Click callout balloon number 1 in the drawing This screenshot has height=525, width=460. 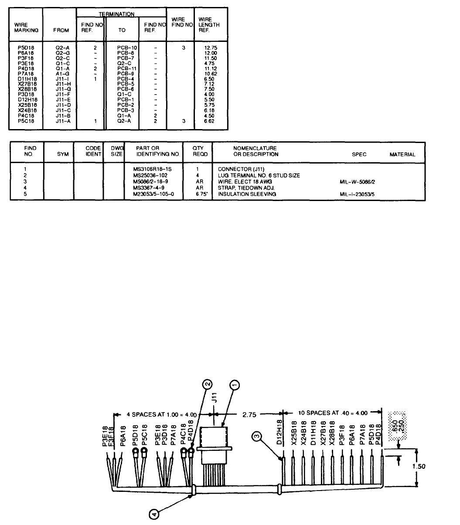pyautogui.click(x=235, y=384)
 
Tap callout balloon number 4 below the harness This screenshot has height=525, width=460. pyautogui.click(x=153, y=515)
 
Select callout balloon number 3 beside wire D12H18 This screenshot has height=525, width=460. pyautogui.click(x=256, y=434)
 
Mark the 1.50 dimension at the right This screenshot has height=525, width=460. pyautogui.click(x=419, y=465)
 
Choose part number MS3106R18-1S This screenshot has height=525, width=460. pyautogui.click(x=153, y=169)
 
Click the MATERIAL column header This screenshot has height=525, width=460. pyautogui.click(x=402, y=155)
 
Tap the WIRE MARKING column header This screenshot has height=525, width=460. pyautogui.click(x=27, y=27)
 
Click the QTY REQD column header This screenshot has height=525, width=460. pyautogui.click(x=198, y=151)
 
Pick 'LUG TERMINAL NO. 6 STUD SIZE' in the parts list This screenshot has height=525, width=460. pyautogui.click(x=259, y=175)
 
